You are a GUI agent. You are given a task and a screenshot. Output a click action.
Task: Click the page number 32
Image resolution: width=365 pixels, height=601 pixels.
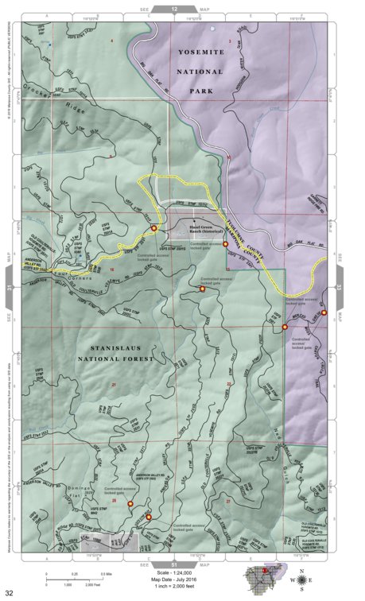pyautogui.click(x=10, y=592)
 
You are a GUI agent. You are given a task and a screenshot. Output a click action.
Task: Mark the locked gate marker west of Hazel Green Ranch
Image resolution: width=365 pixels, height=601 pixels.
pyautogui.click(x=153, y=228)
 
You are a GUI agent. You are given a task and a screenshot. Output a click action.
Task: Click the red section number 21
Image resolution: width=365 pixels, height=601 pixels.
pyautogui.click(x=115, y=385)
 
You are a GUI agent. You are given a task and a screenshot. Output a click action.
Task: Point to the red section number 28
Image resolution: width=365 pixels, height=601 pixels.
pyautogui.click(x=115, y=501)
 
